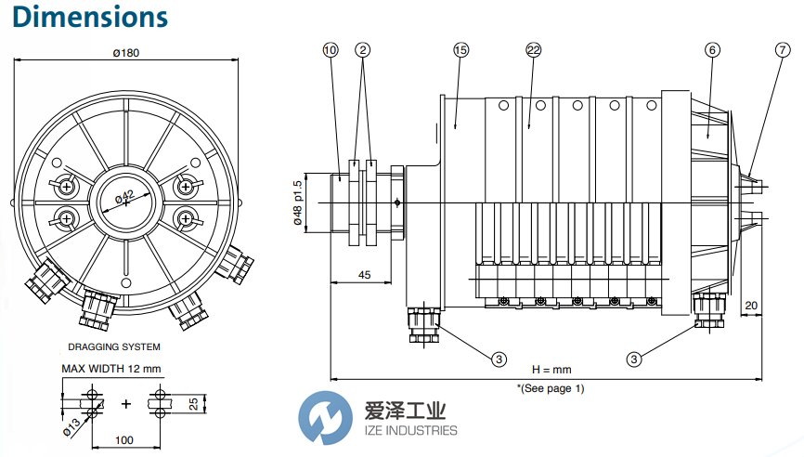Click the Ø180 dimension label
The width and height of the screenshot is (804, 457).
(125, 53)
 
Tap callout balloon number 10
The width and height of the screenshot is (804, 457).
(331, 50)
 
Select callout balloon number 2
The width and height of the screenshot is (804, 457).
(363, 50)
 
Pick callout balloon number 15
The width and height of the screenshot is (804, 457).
(460, 50)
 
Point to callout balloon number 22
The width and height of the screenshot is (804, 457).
(533, 50)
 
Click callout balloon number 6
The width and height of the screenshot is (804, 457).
(711, 50)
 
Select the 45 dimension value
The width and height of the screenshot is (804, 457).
(365, 276)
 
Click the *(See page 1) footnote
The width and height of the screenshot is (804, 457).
(551, 388)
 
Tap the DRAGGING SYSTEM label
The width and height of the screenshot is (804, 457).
(114, 346)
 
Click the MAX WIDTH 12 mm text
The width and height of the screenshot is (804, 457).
(111, 369)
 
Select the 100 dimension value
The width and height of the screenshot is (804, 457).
(123, 439)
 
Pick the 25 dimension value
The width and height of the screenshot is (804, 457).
(194, 404)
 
